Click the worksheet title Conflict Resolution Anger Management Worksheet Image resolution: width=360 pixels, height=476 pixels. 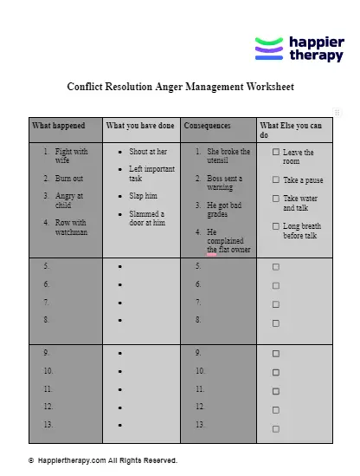tap(180, 87)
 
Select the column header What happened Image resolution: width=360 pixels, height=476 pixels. tap(59, 126)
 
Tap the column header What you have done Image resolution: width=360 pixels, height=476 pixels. tap(139, 126)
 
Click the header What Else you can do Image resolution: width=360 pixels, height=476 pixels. tap(291, 130)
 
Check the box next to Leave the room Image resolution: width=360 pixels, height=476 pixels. tap(276, 153)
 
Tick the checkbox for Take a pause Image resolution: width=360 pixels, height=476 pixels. tap(276, 180)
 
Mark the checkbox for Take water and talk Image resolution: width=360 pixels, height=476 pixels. tap(276, 199)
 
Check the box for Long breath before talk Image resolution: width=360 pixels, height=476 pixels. tap(276, 226)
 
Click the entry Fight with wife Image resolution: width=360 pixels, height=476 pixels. tap(72, 156)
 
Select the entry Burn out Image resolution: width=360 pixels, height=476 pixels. tap(69, 178)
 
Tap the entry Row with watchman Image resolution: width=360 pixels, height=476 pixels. tap(71, 227)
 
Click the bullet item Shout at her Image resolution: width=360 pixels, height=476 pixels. tap(148, 152)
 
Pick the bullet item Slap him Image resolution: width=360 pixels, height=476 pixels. tap(143, 196)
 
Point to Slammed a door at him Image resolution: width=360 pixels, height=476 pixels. tap(146, 218)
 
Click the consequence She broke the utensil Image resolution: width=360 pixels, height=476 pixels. tap(228, 156)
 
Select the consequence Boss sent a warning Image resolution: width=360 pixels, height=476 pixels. tap(225, 182)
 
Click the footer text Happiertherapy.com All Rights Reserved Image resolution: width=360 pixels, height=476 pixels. tap(107, 460)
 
